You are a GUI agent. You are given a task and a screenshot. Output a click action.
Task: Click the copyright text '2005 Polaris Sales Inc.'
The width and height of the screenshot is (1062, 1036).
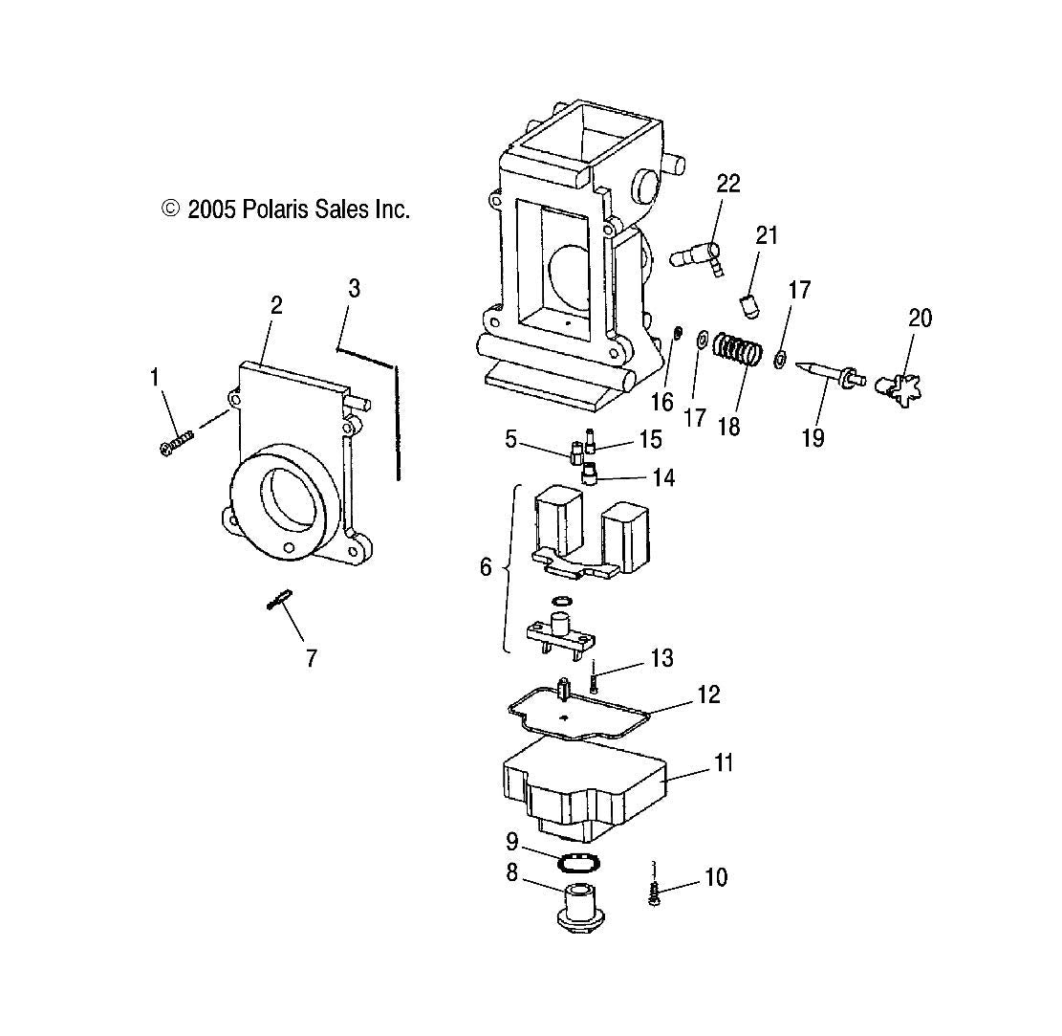287,209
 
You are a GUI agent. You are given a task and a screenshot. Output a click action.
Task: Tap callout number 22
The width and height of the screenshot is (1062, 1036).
728,184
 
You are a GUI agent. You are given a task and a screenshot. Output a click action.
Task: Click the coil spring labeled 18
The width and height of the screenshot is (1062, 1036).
738,350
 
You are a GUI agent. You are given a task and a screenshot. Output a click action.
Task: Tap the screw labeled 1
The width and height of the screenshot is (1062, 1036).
177,442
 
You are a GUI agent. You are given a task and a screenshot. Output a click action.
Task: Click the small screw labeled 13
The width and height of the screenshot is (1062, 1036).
594,680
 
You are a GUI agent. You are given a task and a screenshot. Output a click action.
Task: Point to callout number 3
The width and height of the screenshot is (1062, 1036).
354,288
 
